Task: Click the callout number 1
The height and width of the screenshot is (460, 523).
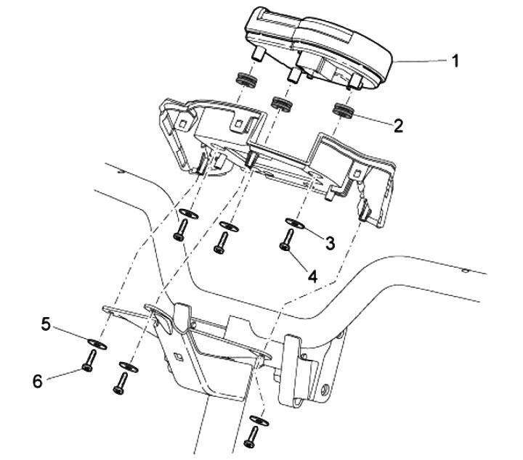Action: click(x=455, y=62)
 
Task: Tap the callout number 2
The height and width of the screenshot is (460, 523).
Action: click(x=397, y=125)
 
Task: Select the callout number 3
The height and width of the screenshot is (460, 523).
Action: click(x=330, y=242)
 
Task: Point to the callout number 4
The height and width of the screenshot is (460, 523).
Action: click(x=312, y=276)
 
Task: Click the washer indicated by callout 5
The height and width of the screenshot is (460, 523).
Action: click(x=94, y=341)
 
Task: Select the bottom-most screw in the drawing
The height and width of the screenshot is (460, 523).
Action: click(x=253, y=436)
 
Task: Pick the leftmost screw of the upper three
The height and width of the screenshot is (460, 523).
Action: click(x=180, y=231)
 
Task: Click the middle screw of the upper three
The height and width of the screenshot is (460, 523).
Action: click(x=221, y=242)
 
